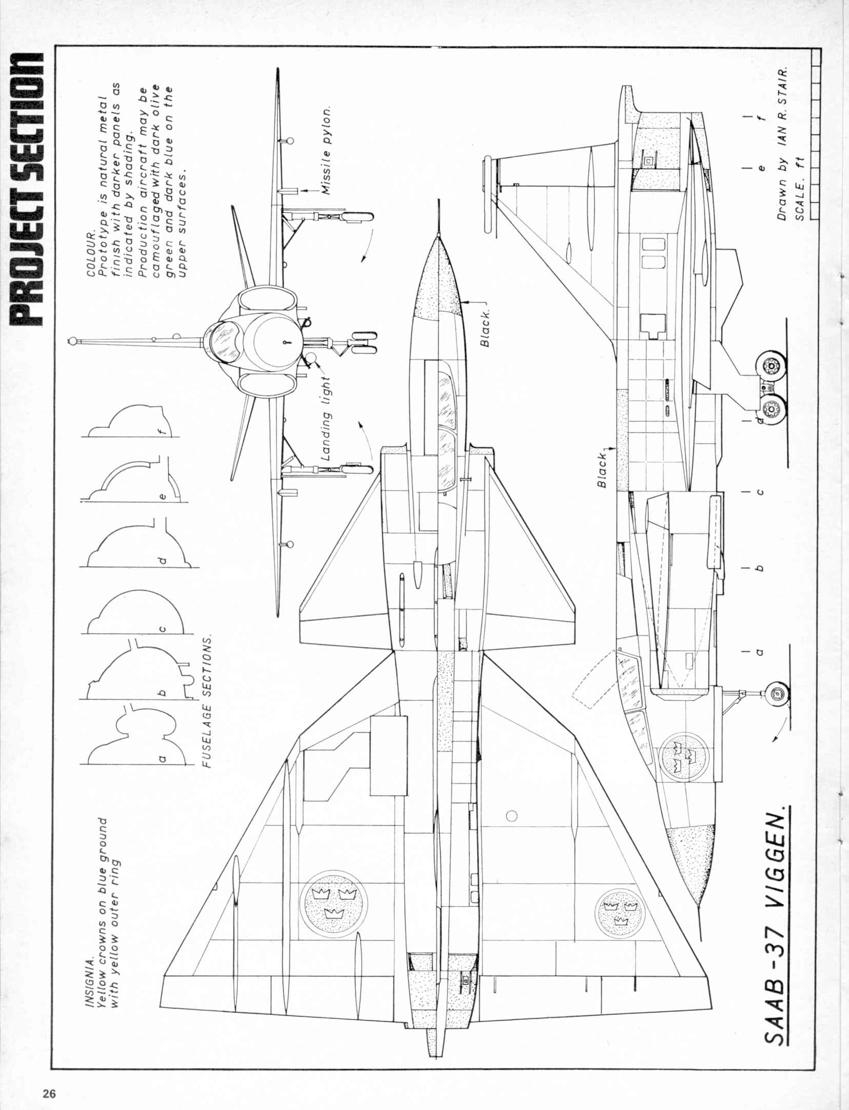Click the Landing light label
tap(327, 418)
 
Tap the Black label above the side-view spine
tap(602, 469)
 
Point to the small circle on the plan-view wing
tap(511, 815)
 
